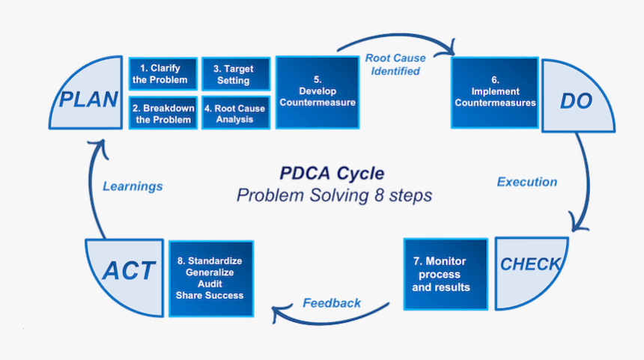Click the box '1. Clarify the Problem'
(163, 74)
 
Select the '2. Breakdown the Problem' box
(163, 114)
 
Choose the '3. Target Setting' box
(234, 74)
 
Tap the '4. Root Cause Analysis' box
(234, 114)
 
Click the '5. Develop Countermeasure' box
(317, 93)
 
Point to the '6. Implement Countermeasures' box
(495, 93)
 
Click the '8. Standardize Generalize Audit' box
(210, 278)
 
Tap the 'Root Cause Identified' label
(395, 64)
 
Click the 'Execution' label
(527, 182)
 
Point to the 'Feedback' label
(332, 303)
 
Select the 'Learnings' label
(133, 186)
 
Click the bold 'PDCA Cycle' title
(332, 174)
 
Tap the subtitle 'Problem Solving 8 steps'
(334, 195)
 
